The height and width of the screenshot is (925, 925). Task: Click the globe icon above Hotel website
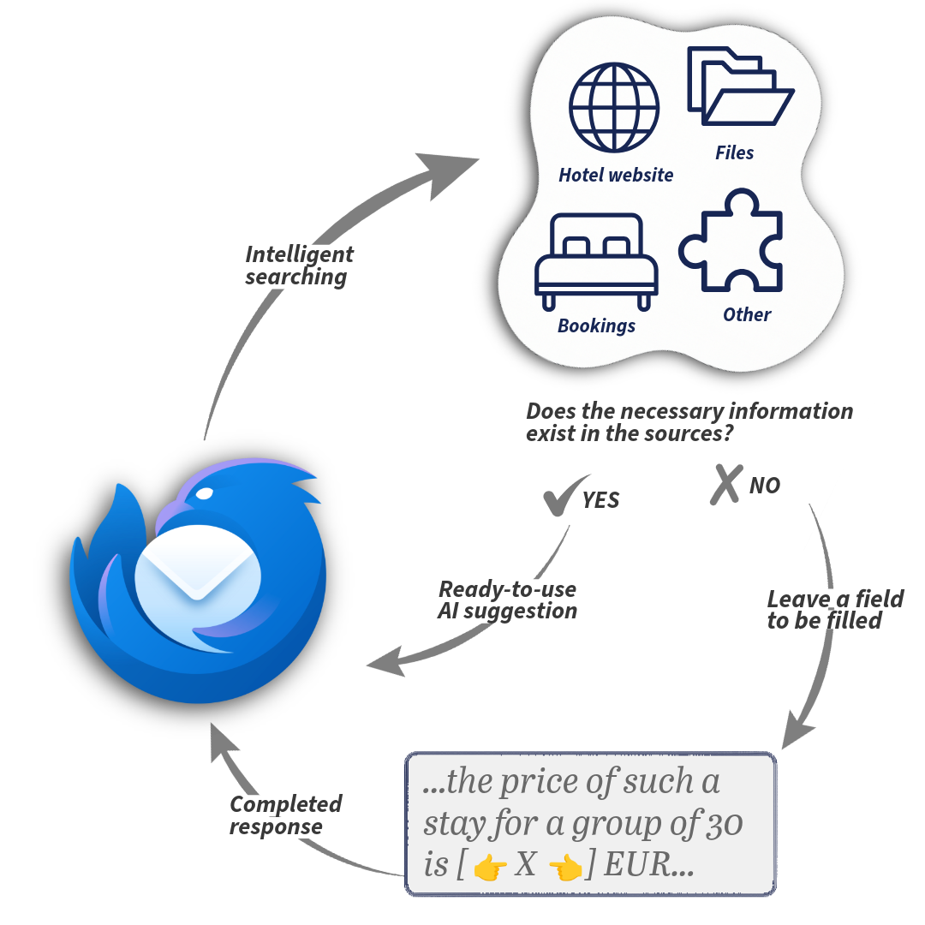pyautogui.click(x=614, y=107)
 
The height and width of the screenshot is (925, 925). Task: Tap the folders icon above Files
pyautogui.click(x=739, y=87)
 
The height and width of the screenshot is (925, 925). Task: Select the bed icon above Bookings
pyautogui.click(x=596, y=260)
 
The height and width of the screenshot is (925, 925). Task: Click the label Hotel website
pyautogui.click(x=616, y=176)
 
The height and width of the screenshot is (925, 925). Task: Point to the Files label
pyautogui.click(x=735, y=153)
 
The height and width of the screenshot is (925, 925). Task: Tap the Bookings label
pyautogui.click(x=596, y=326)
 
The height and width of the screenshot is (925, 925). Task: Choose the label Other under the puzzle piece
pyautogui.click(x=747, y=315)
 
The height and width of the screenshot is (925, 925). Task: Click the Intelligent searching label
pyautogui.click(x=298, y=266)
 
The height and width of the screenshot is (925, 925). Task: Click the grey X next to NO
pyautogui.click(x=725, y=484)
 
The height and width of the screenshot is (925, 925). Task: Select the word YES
pyautogui.click(x=601, y=501)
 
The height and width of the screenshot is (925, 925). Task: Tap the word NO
pyautogui.click(x=765, y=486)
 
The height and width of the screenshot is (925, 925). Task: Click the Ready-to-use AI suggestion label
pyautogui.click(x=507, y=600)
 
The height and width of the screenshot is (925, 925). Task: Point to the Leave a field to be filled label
pyautogui.click(x=834, y=610)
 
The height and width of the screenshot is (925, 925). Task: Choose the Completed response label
pyautogui.click(x=285, y=816)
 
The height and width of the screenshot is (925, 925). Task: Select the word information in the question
pyautogui.click(x=787, y=412)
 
